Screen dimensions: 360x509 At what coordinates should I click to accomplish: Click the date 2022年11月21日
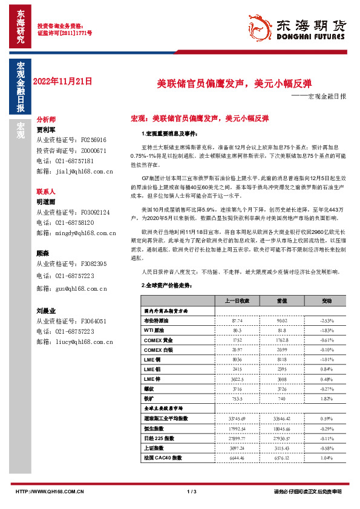click(x=63, y=80)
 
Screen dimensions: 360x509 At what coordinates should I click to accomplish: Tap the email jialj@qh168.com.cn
click(x=80, y=171)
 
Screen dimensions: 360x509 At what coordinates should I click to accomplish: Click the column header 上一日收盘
click(x=237, y=300)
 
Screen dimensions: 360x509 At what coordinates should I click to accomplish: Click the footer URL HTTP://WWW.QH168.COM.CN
click(x=50, y=491)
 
